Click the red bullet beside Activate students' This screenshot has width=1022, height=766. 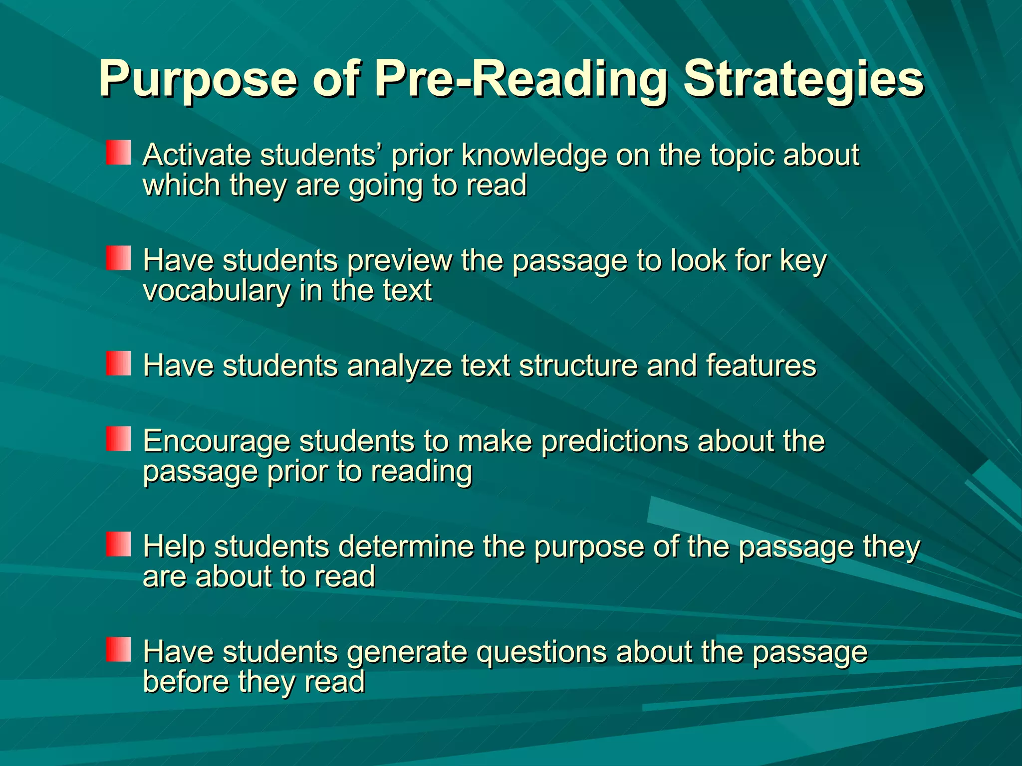point(118,153)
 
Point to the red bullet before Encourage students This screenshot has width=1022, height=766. point(118,439)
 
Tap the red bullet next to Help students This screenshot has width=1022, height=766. point(118,544)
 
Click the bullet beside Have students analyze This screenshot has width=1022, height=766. point(118,364)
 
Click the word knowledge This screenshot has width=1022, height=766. point(534,156)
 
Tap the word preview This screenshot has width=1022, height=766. point(399,261)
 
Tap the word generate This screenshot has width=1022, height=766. point(407,653)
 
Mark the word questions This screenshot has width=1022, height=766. point(541,653)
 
